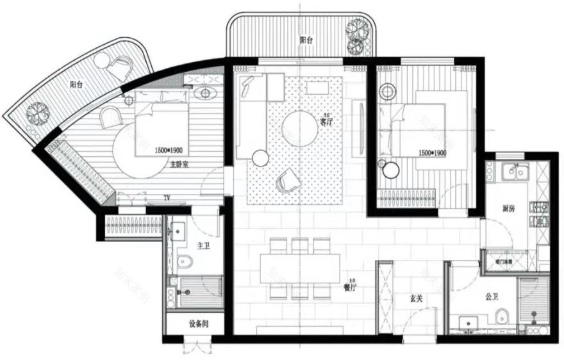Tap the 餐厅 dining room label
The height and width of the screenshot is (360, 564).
click(x=350, y=288)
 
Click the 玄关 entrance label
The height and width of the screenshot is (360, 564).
click(x=416, y=298)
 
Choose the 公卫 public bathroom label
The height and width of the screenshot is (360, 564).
click(x=492, y=297)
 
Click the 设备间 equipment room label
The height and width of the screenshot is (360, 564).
click(x=199, y=323)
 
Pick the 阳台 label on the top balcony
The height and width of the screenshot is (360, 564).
click(x=307, y=40)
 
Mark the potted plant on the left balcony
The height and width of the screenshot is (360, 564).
click(x=37, y=114)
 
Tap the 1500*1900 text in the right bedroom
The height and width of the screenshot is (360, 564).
click(x=432, y=154)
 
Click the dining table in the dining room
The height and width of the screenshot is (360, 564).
click(x=300, y=268)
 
